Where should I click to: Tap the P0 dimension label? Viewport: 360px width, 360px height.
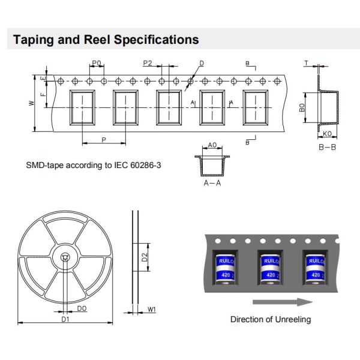[97, 63]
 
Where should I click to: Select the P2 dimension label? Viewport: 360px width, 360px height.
[148, 63]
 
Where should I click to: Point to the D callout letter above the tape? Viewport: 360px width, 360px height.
[202, 63]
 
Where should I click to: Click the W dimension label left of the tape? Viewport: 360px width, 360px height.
[31, 103]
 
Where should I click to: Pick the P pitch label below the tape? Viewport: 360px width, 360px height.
[104, 139]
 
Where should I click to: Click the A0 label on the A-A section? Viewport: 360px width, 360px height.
[212, 145]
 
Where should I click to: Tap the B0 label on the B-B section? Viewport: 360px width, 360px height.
[303, 109]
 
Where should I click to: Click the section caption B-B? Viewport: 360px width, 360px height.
[328, 146]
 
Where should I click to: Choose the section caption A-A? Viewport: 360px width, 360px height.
[212, 183]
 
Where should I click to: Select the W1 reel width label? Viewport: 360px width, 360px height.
[152, 310]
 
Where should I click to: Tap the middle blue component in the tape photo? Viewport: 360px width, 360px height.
[269, 268]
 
